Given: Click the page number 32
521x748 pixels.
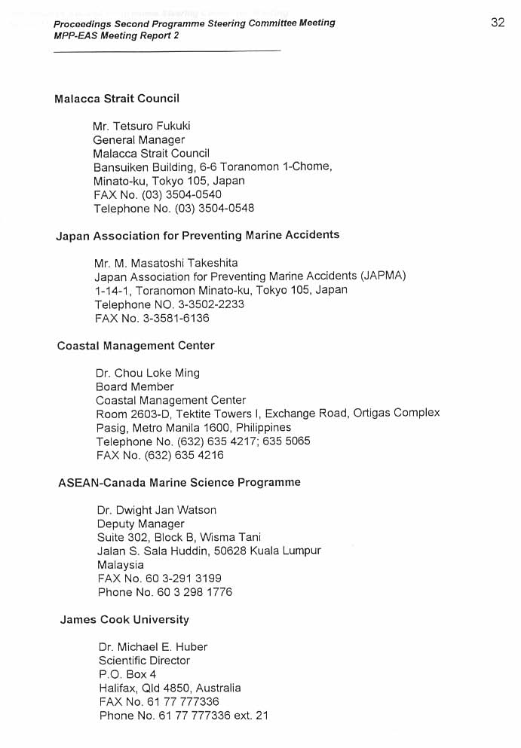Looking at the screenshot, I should (x=497, y=23).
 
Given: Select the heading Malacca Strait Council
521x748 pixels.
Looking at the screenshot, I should (x=117, y=99).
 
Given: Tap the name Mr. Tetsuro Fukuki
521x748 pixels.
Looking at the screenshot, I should (x=141, y=126).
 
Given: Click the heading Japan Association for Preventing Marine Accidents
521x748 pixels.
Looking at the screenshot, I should (x=198, y=236).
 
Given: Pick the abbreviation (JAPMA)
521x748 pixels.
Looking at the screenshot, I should (x=383, y=276).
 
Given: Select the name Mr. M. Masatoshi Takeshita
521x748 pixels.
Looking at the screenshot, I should (x=166, y=263).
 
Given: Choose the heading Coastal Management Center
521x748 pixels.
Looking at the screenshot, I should (x=136, y=346).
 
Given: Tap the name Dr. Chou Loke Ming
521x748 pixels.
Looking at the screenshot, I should (x=148, y=373).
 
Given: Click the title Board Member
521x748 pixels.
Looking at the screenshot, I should (x=134, y=386).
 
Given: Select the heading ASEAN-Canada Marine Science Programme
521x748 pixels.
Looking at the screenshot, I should (x=179, y=483).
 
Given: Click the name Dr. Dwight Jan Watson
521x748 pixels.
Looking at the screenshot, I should (x=156, y=510).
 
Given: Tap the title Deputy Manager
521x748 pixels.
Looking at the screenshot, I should (x=140, y=524).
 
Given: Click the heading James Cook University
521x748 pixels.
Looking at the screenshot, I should (x=124, y=620).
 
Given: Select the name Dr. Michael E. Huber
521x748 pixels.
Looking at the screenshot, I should (x=152, y=647).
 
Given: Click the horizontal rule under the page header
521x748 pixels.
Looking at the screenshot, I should (x=167, y=50).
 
